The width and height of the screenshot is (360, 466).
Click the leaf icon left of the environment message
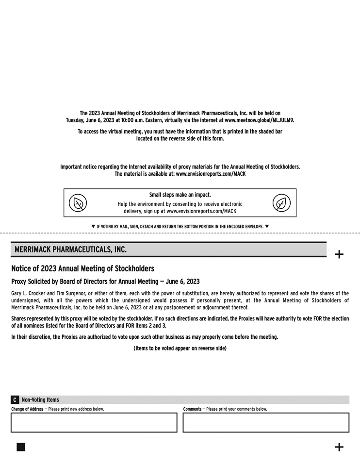[x=78, y=203]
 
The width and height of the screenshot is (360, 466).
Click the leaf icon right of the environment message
[x=281, y=203]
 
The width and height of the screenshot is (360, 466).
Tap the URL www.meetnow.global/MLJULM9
[x=259, y=120]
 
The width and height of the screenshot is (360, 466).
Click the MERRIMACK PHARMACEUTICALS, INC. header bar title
[x=70, y=250]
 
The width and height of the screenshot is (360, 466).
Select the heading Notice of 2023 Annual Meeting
[x=82, y=268]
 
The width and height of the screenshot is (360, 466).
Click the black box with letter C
[x=15, y=400]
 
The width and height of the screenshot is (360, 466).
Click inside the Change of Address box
[x=94, y=423]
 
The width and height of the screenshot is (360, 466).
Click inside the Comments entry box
[x=266, y=423]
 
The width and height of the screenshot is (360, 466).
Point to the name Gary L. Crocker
[x=27, y=294]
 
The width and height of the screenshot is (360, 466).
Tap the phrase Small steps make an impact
[x=180, y=195]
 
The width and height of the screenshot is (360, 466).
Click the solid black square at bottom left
[x=21, y=447]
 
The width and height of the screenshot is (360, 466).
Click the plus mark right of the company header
[x=339, y=254]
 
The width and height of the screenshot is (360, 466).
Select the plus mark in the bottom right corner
[x=339, y=447]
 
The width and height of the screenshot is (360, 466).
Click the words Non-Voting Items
[x=40, y=400]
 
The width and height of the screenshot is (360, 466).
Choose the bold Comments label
[x=192, y=409]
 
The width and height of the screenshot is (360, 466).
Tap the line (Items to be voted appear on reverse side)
[x=180, y=348]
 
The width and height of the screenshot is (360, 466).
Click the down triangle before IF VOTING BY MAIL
[x=94, y=227]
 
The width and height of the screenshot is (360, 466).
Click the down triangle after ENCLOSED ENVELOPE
[x=267, y=227]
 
